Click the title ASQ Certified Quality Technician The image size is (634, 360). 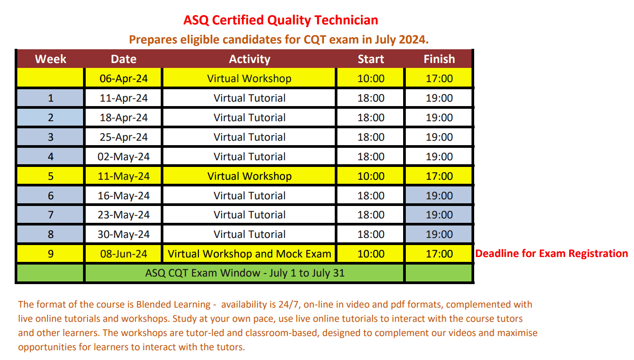[281, 20]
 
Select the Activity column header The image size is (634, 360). [250, 59]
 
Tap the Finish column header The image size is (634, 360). [439, 59]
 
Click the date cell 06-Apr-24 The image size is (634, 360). [123, 79]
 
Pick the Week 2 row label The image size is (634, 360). [50, 118]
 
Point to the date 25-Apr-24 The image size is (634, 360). [123, 137]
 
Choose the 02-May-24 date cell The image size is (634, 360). [123, 157]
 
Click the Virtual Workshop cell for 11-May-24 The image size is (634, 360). [250, 176]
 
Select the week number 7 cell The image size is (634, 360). [50, 215]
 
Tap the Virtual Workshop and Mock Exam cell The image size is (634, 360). [250, 254]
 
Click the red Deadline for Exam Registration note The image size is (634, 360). [551, 253]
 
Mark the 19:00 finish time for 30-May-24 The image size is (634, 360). [439, 234]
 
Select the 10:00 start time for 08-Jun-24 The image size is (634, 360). [371, 254]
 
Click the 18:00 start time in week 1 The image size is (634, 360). [371, 98]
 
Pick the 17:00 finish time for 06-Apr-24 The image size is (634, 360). [439, 79]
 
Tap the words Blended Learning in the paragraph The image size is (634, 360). [173, 305]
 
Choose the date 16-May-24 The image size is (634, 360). [123, 196]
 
